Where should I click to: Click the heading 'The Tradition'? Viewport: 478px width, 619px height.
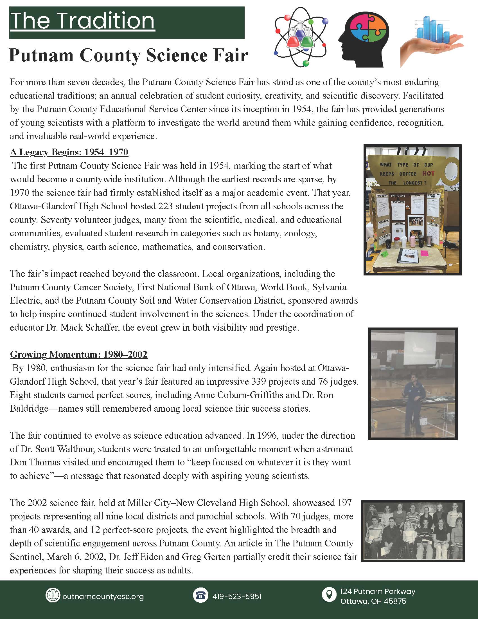point(82,21)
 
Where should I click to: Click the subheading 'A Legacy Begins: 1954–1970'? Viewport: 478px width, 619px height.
point(69,152)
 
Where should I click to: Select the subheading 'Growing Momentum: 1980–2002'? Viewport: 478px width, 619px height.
point(79,354)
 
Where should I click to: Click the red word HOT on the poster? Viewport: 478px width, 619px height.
point(428,173)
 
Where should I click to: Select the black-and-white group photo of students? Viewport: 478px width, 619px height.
point(412,531)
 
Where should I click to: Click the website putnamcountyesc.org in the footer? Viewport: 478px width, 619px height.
point(103,596)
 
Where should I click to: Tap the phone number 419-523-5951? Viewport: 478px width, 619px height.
point(237,596)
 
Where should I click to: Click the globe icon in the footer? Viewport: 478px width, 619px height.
point(53,596)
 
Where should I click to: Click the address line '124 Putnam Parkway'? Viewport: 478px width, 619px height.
point(378,591)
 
